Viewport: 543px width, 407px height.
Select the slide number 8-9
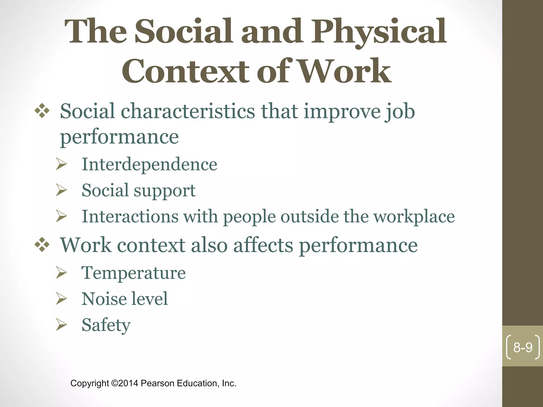coord(523,347)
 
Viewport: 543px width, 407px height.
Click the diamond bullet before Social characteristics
coord(42,111)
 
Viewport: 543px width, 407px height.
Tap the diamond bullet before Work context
coord(42,245)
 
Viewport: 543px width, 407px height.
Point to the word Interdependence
coord(149,164)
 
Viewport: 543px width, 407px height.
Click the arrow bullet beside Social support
coord(61,190)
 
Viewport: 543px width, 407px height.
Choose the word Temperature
coord(133,273)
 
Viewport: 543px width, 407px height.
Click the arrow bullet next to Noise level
coord(61,299)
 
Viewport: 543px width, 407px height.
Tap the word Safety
coord(106,325)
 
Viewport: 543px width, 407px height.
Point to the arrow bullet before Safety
coord(61,325)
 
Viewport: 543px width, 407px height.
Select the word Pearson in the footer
coord(157,383)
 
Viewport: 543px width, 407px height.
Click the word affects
coord(263,245)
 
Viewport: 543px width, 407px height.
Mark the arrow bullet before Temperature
coord(61,273)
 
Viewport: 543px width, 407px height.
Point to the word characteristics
coord(188,111)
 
